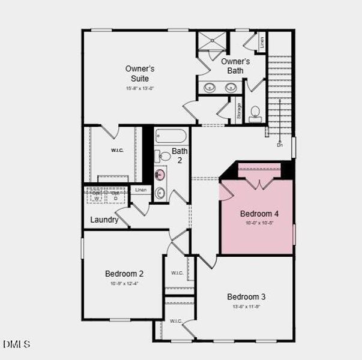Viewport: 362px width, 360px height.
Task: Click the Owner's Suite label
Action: point(140,73)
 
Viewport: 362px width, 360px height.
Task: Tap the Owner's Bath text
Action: point(235,66)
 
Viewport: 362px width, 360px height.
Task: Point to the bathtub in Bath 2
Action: point(172,136)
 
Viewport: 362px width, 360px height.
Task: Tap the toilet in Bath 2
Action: point(163,156)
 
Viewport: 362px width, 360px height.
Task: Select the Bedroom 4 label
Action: point(259,214)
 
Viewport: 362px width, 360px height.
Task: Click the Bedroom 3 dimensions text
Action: point(246,307)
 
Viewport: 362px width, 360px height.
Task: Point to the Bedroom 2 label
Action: point(124,274)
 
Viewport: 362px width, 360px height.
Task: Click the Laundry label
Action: point(104,220)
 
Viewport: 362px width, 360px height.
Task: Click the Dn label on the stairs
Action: point(279,145)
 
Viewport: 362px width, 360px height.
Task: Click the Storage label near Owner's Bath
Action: point(239,111)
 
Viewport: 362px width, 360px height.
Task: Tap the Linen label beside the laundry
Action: point(140,190)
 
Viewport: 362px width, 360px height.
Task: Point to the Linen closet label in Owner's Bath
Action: point(262,43)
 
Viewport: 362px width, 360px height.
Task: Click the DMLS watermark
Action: point(17,344)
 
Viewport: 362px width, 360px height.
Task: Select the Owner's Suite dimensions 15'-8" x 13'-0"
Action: point(140,88)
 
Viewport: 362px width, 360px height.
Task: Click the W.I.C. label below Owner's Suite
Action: point(117,150)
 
